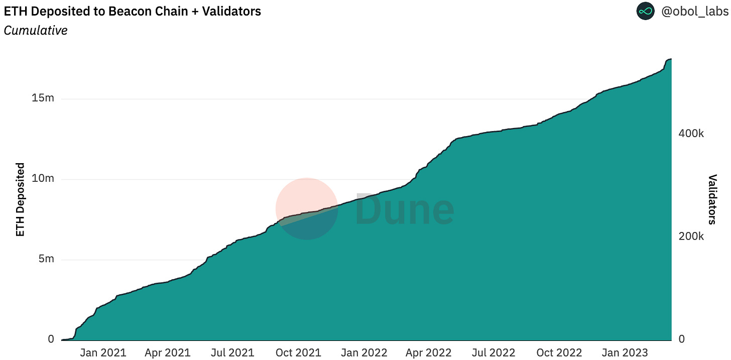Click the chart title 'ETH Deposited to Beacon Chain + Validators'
[133, 11]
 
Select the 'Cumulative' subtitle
[35, 31]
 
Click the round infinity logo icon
[646, 11]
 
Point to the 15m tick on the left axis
[43, 98]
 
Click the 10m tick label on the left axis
[43, 179]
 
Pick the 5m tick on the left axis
[46, 260]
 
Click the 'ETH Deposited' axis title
[20, 199]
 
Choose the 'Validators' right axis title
[712, 199]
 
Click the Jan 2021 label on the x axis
[103, 352]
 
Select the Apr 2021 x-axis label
[168, 352]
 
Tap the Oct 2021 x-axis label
[299, 352]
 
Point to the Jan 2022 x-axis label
[364, 352]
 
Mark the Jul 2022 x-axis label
[495, 352]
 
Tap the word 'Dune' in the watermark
[405, 210]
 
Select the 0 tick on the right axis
[681, 339]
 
